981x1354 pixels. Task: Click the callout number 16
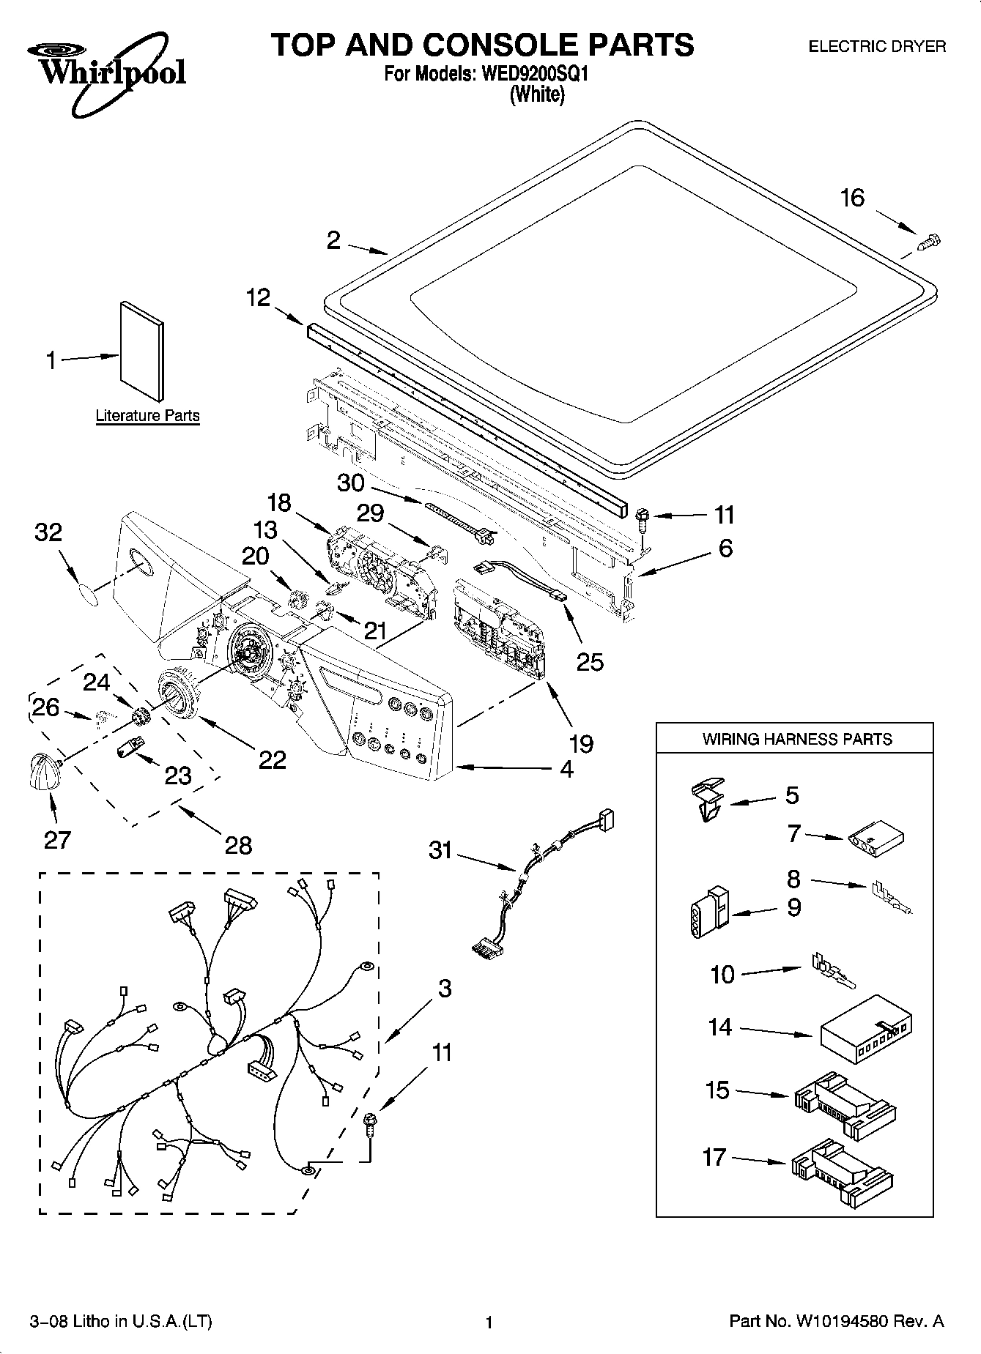pos(852,198)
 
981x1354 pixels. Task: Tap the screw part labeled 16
pos(928,241)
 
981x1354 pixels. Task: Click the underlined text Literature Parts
pos(147,416)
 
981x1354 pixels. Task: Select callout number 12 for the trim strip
pos(258,297)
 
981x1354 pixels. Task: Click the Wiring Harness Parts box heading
pos(796,739)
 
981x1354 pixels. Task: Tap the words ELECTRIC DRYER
pos(876,47)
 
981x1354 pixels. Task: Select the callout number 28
pos(238,845)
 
